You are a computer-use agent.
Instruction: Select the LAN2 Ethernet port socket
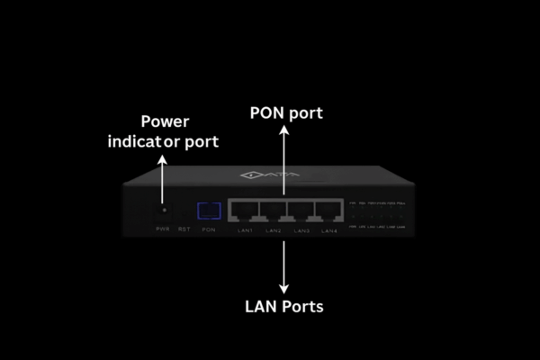click(x=274, y=211)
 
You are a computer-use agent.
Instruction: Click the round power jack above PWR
click(x=163, y=210)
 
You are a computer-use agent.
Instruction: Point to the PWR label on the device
click(x=163, y=230)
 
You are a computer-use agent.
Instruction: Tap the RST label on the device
click(x=184, y=230)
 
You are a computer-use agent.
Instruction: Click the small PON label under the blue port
click(x=209, y=230)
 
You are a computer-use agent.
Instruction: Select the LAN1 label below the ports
click(x=246, y=231)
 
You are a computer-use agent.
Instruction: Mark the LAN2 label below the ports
click(x=274, y=231)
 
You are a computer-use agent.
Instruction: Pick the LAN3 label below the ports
click(x=301, y=231)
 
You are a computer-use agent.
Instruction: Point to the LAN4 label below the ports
click(x=329, y=231)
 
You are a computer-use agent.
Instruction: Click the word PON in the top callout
click(x=266, y=112)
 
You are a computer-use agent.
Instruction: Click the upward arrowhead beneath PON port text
click(x=284, y=131)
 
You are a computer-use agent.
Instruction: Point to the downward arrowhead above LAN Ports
click(x=284, y=287)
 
